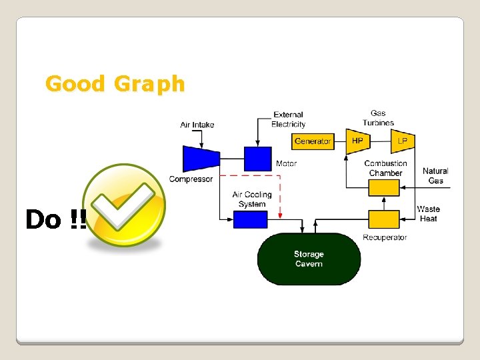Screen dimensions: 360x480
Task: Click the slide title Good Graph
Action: [x=115, y=84]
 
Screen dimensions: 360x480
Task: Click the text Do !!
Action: [x=55, y=219]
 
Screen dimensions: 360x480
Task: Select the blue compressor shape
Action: [x=201, y=158]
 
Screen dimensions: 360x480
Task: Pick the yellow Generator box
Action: [x=313, y=141]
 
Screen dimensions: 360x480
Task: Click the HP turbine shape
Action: [x=357, y=141]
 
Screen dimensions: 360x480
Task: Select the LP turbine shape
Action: [x=403, y=141]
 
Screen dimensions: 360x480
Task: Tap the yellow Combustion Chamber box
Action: [x=383, y=188]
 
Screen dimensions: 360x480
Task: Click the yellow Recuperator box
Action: [x=383, y=219]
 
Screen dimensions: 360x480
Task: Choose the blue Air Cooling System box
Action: [x=250, y=219]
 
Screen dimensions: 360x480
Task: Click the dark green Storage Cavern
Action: [x=308, y=259]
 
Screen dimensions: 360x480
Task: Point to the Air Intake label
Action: [x=197, y=125]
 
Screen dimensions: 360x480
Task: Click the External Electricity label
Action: [x=288, y=119]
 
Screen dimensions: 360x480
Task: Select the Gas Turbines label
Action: [x=378, y=118]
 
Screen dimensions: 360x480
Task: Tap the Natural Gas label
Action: [x=435, y=176]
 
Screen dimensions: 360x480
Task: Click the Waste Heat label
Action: [x=428, y=214]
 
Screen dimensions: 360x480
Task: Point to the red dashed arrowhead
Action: [x=281, y=215]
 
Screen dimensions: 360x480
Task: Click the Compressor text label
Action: [x=191, y=179]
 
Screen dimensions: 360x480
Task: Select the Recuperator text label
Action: [x=385, y=237]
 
